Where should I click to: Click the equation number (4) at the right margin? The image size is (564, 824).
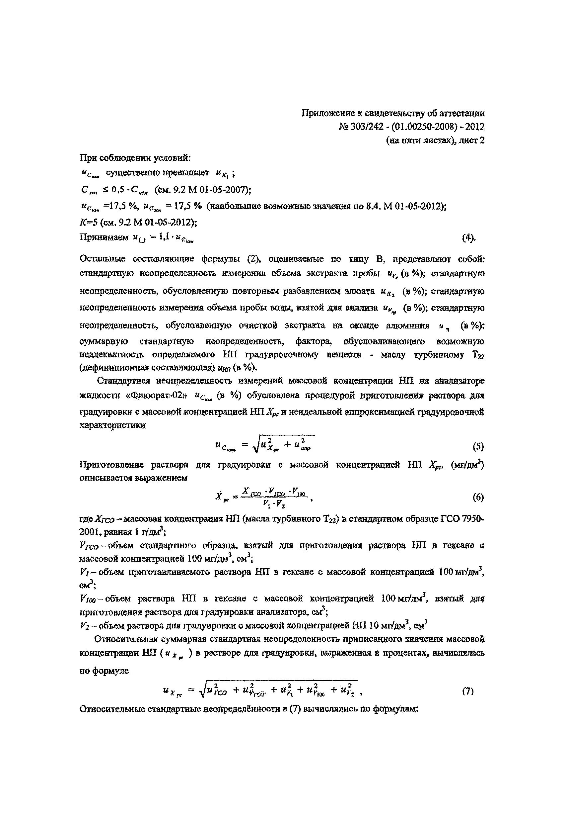tap(469, 238)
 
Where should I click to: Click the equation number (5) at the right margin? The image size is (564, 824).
tap(478, 447)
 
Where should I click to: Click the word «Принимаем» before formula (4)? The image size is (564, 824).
tap(104, 237)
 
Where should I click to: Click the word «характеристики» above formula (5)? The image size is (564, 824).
tap(113, 425)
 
